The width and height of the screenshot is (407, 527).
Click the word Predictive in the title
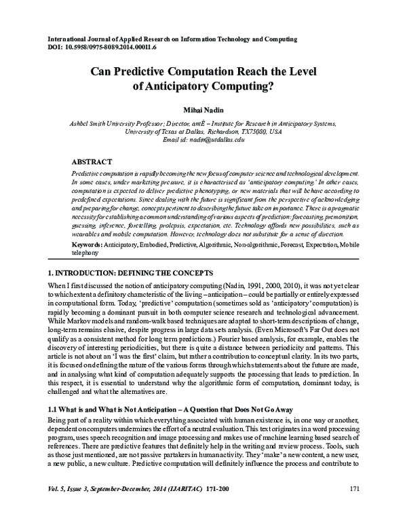(153, 70)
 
